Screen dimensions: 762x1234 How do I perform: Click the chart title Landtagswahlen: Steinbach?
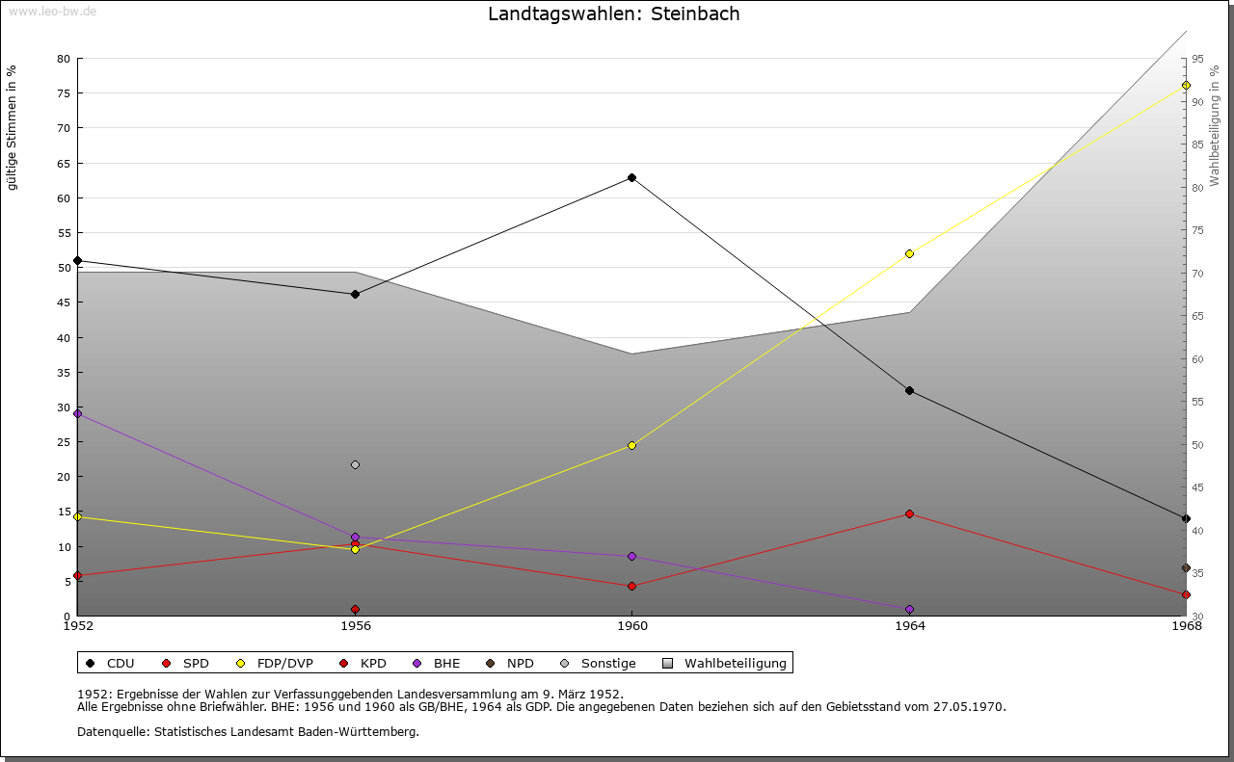(x=614, y=14)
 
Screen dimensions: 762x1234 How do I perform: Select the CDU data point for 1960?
(x=631, y=177)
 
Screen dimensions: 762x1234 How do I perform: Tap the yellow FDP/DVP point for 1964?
(x=909, y=253)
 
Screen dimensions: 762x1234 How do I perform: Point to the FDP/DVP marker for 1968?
(x=1186, y=86)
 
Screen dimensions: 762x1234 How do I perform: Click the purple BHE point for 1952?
(x=78, y=413)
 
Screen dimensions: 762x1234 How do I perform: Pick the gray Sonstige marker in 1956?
(x=355, y=464)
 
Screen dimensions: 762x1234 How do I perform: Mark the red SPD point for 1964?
(x=909, y=513)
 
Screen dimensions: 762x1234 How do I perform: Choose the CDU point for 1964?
(x=909, y=390)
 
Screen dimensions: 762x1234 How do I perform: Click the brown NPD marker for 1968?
(x=1186, y=568)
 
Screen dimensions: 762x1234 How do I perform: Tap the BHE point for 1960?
(x=631, y=556)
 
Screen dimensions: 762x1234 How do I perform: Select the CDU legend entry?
(x=110, y=663)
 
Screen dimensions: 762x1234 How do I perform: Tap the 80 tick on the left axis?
(x=64, y=59)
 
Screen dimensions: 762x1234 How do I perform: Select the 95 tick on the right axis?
(x=1197, y=59)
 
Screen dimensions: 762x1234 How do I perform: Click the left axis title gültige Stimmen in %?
(x=13, y=127)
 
